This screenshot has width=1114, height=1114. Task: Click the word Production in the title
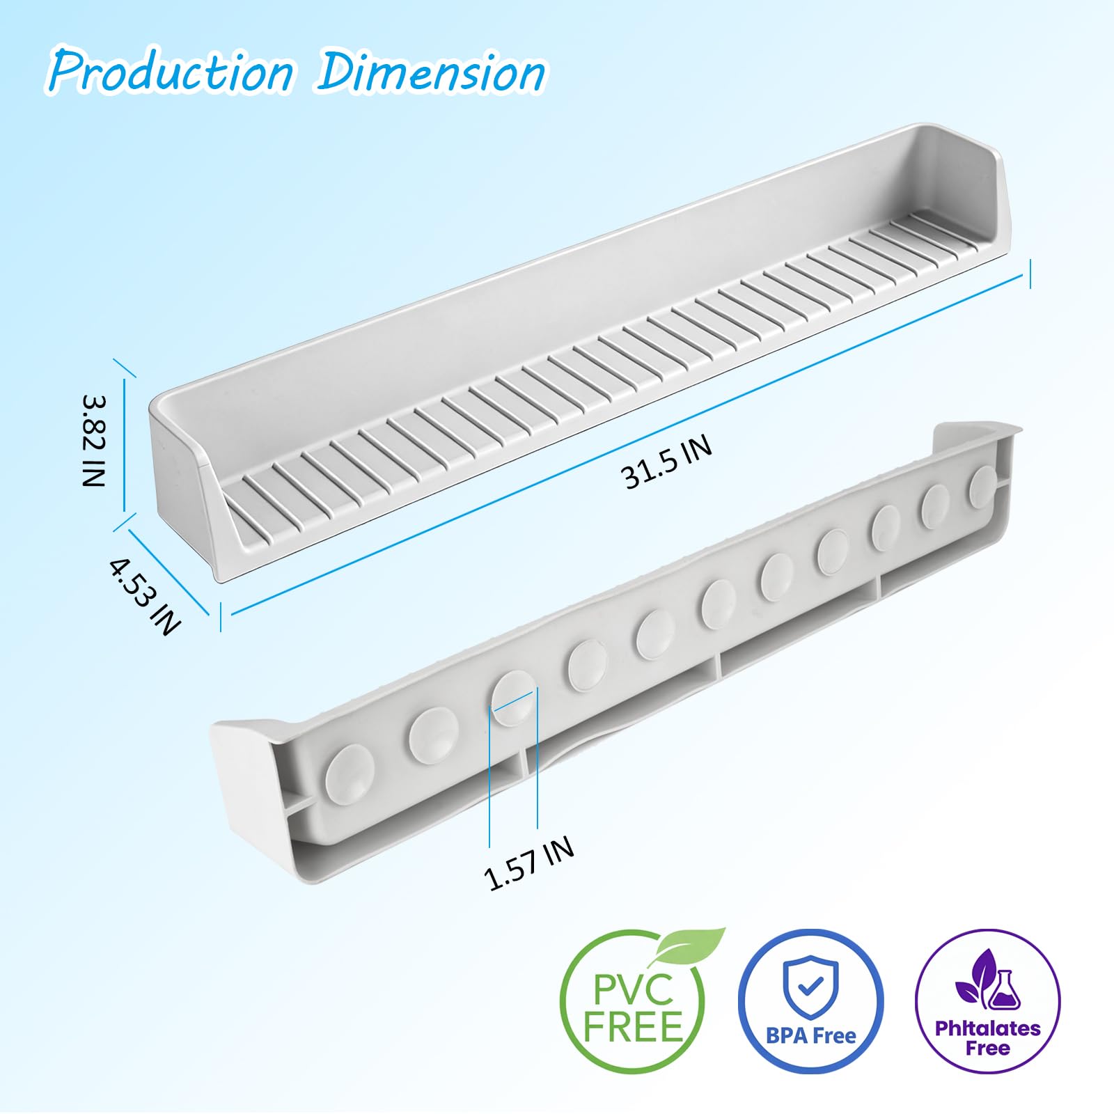tap(171, 71)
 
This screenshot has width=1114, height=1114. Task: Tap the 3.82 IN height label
tap(93, 441)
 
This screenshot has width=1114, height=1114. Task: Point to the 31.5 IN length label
tap(666, 462)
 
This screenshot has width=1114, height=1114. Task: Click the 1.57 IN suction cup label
tap(529, 863)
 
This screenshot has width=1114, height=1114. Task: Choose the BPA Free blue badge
tap(810, 1001)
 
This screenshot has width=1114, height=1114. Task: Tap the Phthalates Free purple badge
tap(987, 1001)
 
